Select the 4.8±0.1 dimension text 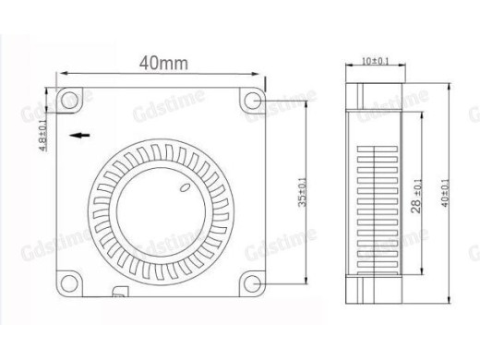pos(43,139)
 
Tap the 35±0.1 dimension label pos(303,193)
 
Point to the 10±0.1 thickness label pos(375,61)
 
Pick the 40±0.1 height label pos(446,194)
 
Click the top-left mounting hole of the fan pos(68,97)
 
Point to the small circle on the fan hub pos(185,190)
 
